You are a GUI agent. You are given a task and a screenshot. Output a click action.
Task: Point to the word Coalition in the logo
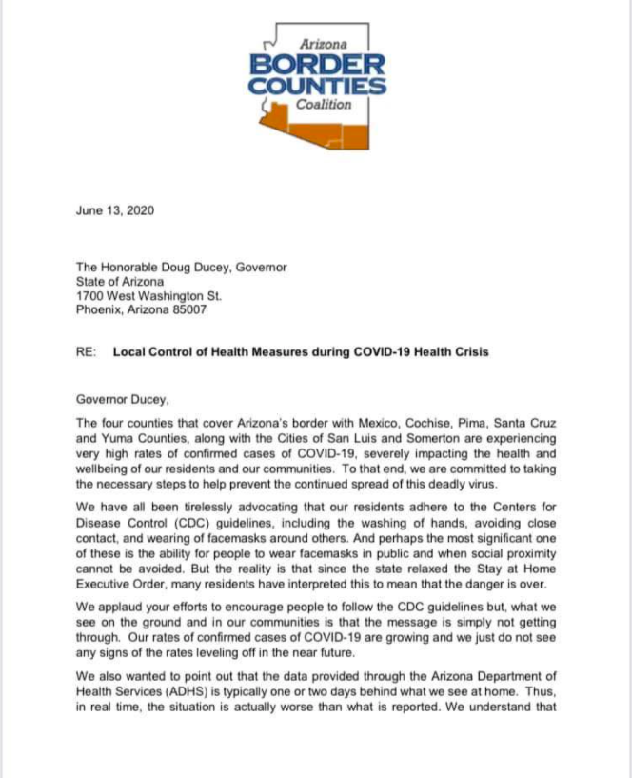click(324, 106)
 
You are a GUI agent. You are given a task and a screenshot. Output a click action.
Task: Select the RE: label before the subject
click(86, 352)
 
